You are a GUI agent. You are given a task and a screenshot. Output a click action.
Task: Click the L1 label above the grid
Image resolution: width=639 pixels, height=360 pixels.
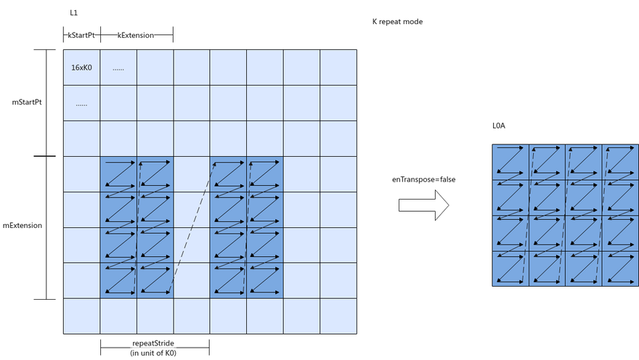pos(74,12)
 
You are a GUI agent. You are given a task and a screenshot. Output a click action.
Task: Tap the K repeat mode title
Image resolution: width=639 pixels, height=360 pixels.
pos(397,22)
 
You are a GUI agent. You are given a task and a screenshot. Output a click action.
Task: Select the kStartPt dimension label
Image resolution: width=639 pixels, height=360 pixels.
pos(81,35)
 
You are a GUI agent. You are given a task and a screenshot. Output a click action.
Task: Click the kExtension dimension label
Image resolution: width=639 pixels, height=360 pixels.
pos(136,35)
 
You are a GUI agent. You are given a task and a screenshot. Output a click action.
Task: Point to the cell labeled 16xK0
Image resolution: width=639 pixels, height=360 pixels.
pos(81,67)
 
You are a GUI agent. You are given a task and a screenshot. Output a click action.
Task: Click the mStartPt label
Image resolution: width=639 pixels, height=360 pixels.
pos(27,102)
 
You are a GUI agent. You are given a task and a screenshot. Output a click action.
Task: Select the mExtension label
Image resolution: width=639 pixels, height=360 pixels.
pos(23,225)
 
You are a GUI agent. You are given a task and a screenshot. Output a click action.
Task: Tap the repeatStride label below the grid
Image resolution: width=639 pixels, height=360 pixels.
pos(153,343)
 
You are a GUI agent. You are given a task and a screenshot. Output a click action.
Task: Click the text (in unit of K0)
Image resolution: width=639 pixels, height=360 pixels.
pos(153,353)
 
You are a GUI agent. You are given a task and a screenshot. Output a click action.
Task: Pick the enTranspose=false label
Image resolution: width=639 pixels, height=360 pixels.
pos(424,179)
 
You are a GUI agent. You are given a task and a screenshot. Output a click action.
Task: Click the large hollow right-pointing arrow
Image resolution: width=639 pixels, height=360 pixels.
pos(424,205)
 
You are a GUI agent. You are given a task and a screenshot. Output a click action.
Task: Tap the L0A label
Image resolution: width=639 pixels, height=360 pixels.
pos(498,126)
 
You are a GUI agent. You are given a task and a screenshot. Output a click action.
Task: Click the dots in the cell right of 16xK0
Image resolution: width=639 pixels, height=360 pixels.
pos(118,69)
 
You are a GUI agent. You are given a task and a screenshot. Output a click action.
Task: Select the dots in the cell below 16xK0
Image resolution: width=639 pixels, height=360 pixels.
pos(81,105)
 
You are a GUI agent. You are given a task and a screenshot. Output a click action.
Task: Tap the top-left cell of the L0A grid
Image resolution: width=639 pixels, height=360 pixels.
pos(510,162)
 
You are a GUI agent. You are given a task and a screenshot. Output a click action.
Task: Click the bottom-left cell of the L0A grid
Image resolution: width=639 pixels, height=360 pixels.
pos(510,269)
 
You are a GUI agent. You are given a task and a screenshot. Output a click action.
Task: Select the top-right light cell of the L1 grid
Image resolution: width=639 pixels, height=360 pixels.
pos(338,67)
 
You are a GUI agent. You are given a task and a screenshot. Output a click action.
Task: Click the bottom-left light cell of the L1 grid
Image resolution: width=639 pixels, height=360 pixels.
pos(81,316)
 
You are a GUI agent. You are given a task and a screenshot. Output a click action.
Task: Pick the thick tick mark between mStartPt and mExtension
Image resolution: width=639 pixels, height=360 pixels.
pos(44,156)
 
